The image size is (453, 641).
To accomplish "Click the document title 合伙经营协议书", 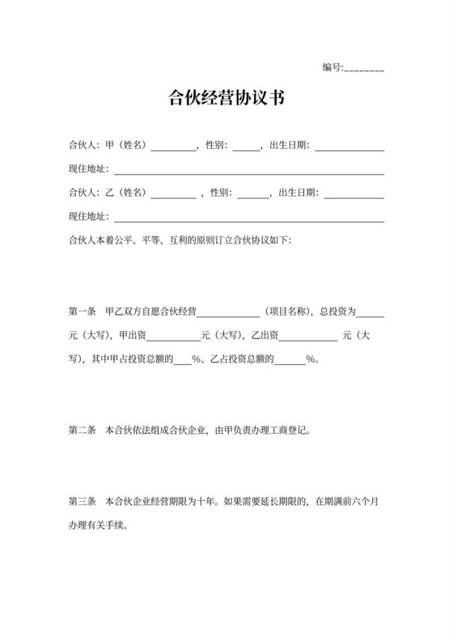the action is tap(226, 100).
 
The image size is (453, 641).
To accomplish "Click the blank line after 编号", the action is tap(364, 68).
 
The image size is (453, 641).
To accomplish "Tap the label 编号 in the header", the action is tap(332, 67).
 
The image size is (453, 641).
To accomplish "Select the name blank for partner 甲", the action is tap(172, 147).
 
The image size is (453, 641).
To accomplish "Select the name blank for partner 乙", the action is tap(173, 193).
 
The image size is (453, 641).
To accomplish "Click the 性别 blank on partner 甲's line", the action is tap(247, 147).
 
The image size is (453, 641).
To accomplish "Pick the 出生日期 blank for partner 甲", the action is tap(349, 147).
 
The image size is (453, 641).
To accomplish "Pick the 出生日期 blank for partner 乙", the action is tap(354, 193).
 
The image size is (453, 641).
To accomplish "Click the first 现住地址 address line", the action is tap(248, 171).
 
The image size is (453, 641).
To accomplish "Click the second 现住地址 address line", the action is tap(248, 217).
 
